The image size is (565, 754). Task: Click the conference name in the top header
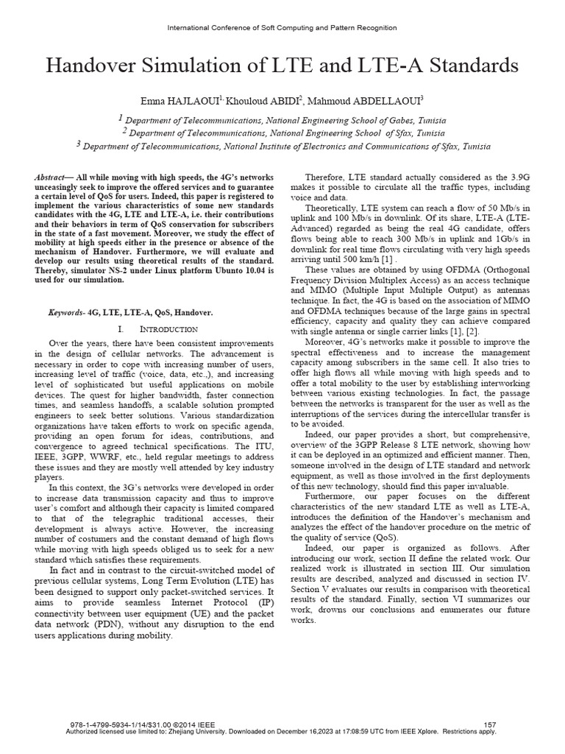pyautogui.click(x=282, y=28)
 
